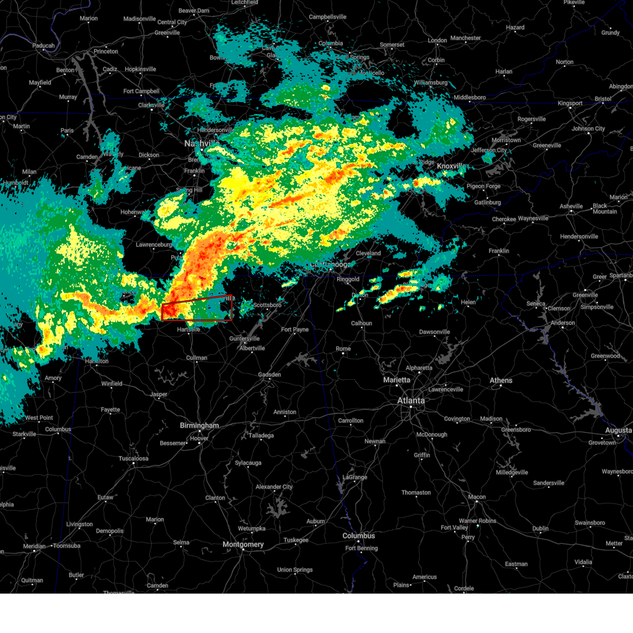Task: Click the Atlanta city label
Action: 410,401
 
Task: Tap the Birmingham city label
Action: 199,426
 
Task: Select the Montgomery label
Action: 243,544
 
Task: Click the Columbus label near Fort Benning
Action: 359,536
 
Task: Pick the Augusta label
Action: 618,430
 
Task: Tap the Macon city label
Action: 477,497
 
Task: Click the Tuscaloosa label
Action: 133,458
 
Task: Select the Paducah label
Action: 43,46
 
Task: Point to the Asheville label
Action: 571,206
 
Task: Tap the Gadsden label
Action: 270,375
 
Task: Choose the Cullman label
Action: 197,358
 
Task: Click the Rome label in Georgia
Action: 343,349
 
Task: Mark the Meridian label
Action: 34,546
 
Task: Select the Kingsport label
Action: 570,103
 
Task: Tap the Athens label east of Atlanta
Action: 501,380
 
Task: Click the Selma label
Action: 181,542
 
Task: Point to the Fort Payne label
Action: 295,330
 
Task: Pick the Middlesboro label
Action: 469,98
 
